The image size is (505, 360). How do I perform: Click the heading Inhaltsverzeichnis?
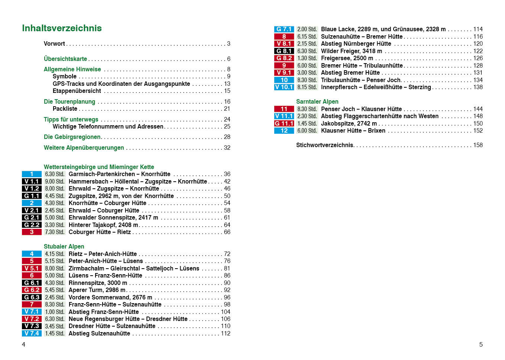tap(62, 28)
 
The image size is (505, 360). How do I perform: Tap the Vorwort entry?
tap(54, 44)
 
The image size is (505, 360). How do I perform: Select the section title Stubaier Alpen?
tap(64, 247)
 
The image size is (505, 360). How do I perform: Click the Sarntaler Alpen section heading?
tap(317, 102)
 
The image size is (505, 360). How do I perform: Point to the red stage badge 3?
tap(32, 232)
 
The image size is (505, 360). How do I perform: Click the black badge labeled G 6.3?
tap(32, 298)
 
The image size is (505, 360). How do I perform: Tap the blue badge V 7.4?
tap(32, 334)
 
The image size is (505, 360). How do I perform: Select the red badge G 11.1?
tap(284, 124)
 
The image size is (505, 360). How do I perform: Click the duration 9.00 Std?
tap(55, 182)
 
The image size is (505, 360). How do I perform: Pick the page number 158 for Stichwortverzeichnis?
tap(478, 145)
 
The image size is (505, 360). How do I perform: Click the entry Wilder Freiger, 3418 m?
tap(351, 51)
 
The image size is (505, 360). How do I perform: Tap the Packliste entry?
tap(65, 109)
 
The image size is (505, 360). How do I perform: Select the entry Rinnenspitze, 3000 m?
tap(98, 283)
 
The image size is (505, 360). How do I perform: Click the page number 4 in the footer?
tap(24, 345)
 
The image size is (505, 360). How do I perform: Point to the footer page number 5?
tap(481, 345)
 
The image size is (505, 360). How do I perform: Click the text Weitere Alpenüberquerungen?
tap(84, 148)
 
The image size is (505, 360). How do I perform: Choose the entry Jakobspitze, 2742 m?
tap(349, 124)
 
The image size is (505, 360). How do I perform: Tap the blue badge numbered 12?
tap(284, 131)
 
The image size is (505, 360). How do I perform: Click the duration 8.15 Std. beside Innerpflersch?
tap(307, 87)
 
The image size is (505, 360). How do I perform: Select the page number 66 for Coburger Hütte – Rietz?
tap(227, 232)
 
